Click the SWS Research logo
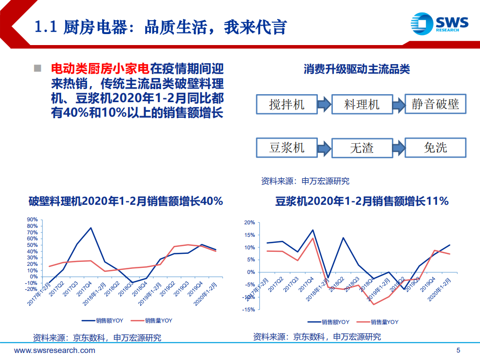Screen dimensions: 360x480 439,23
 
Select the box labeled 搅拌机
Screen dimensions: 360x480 286,104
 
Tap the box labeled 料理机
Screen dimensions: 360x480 361,104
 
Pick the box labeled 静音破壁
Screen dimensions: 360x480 435,104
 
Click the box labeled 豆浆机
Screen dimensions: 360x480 286,147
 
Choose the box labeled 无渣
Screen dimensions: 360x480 361,147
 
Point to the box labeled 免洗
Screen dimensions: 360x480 435,147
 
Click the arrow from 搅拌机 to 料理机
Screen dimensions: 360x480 324,104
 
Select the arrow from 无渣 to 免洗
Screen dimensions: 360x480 398,147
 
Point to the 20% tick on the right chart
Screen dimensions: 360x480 249,223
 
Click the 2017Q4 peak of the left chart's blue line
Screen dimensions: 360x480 91,228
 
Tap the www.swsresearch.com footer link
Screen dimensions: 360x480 55,350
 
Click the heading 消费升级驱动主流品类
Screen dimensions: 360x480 356,70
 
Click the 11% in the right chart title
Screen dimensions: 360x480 437,201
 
